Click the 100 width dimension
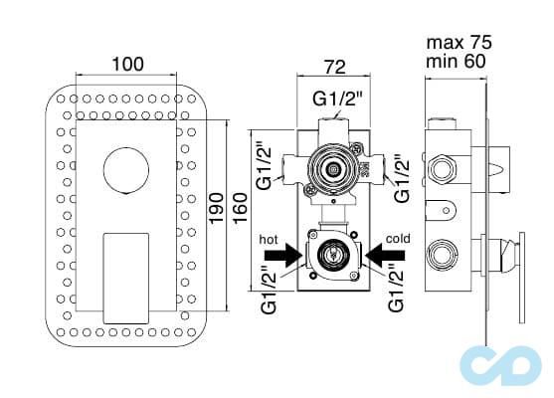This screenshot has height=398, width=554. coord(126,64)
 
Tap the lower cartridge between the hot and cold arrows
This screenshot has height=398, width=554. coord(330,256)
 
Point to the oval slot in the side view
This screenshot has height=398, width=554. coord(447,210)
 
